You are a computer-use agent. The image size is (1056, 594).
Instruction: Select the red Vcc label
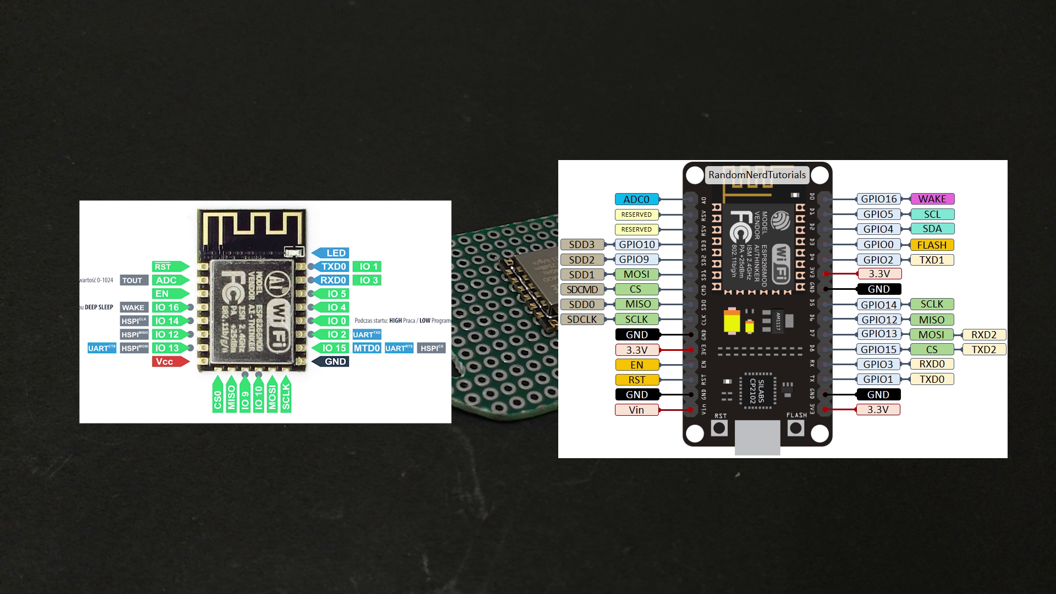[168, 361]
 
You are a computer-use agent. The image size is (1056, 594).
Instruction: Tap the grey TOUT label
[133, 280]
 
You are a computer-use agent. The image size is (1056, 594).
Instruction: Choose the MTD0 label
[367, 348]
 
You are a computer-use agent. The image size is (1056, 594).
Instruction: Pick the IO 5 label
[334, 294]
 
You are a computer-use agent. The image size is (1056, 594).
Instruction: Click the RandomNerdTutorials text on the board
[757, 175]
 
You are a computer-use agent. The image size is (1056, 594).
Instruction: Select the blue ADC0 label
[636, 200]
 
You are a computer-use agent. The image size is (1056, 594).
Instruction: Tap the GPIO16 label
[878, 199]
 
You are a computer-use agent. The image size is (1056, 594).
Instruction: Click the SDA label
[932, 229]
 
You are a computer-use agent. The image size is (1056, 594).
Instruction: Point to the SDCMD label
[582, 289]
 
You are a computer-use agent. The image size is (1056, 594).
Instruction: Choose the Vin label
[636, 410]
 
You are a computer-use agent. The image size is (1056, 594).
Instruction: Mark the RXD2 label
[983, 334]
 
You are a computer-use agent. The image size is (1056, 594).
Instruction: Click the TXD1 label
[932, 260]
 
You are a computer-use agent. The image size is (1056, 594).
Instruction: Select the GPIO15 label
[878, 349]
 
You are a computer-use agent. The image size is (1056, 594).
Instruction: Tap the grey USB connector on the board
[757, 438]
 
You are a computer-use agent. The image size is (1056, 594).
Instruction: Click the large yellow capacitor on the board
[732, 321]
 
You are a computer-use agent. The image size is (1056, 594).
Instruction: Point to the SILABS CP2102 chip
[757, 391]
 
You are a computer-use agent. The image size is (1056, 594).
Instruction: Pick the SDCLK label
[582, 320]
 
